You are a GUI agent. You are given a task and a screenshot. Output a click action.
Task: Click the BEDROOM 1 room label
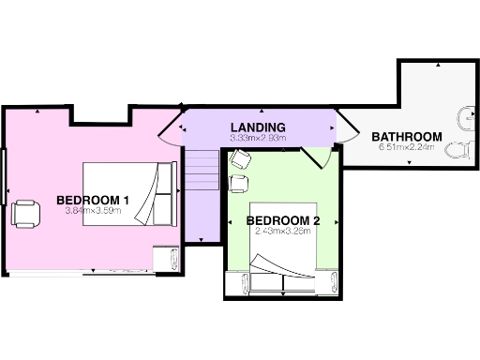(x=93, y=200)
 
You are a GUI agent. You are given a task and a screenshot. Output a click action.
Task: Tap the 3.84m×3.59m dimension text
(x=95, y=211)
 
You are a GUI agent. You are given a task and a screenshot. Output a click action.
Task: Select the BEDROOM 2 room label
(x=283, y=221)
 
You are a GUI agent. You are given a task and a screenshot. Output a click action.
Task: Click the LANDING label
(x=258, y=127)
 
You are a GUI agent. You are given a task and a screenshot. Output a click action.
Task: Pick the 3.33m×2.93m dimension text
(x=258, y=138)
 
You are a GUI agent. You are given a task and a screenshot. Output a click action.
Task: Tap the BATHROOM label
(x=406, y=137)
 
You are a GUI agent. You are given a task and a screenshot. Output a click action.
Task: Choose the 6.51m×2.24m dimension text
(x=407, y=147)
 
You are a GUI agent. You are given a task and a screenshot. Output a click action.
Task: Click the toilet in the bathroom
(x=460, y=150)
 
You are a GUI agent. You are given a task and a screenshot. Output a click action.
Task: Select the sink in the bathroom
(x=466, y=117)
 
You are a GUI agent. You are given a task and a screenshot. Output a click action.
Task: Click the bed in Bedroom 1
(x=129, y=194)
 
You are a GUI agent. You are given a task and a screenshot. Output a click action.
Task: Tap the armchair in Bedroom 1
(x=25, y=214)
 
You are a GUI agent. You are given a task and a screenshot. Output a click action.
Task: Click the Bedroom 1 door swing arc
(x=169, y=130)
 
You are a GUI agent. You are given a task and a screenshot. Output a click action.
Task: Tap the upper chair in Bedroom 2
(x=238, y=158)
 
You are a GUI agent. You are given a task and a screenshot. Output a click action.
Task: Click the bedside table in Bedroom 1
(x=166, y=257)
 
